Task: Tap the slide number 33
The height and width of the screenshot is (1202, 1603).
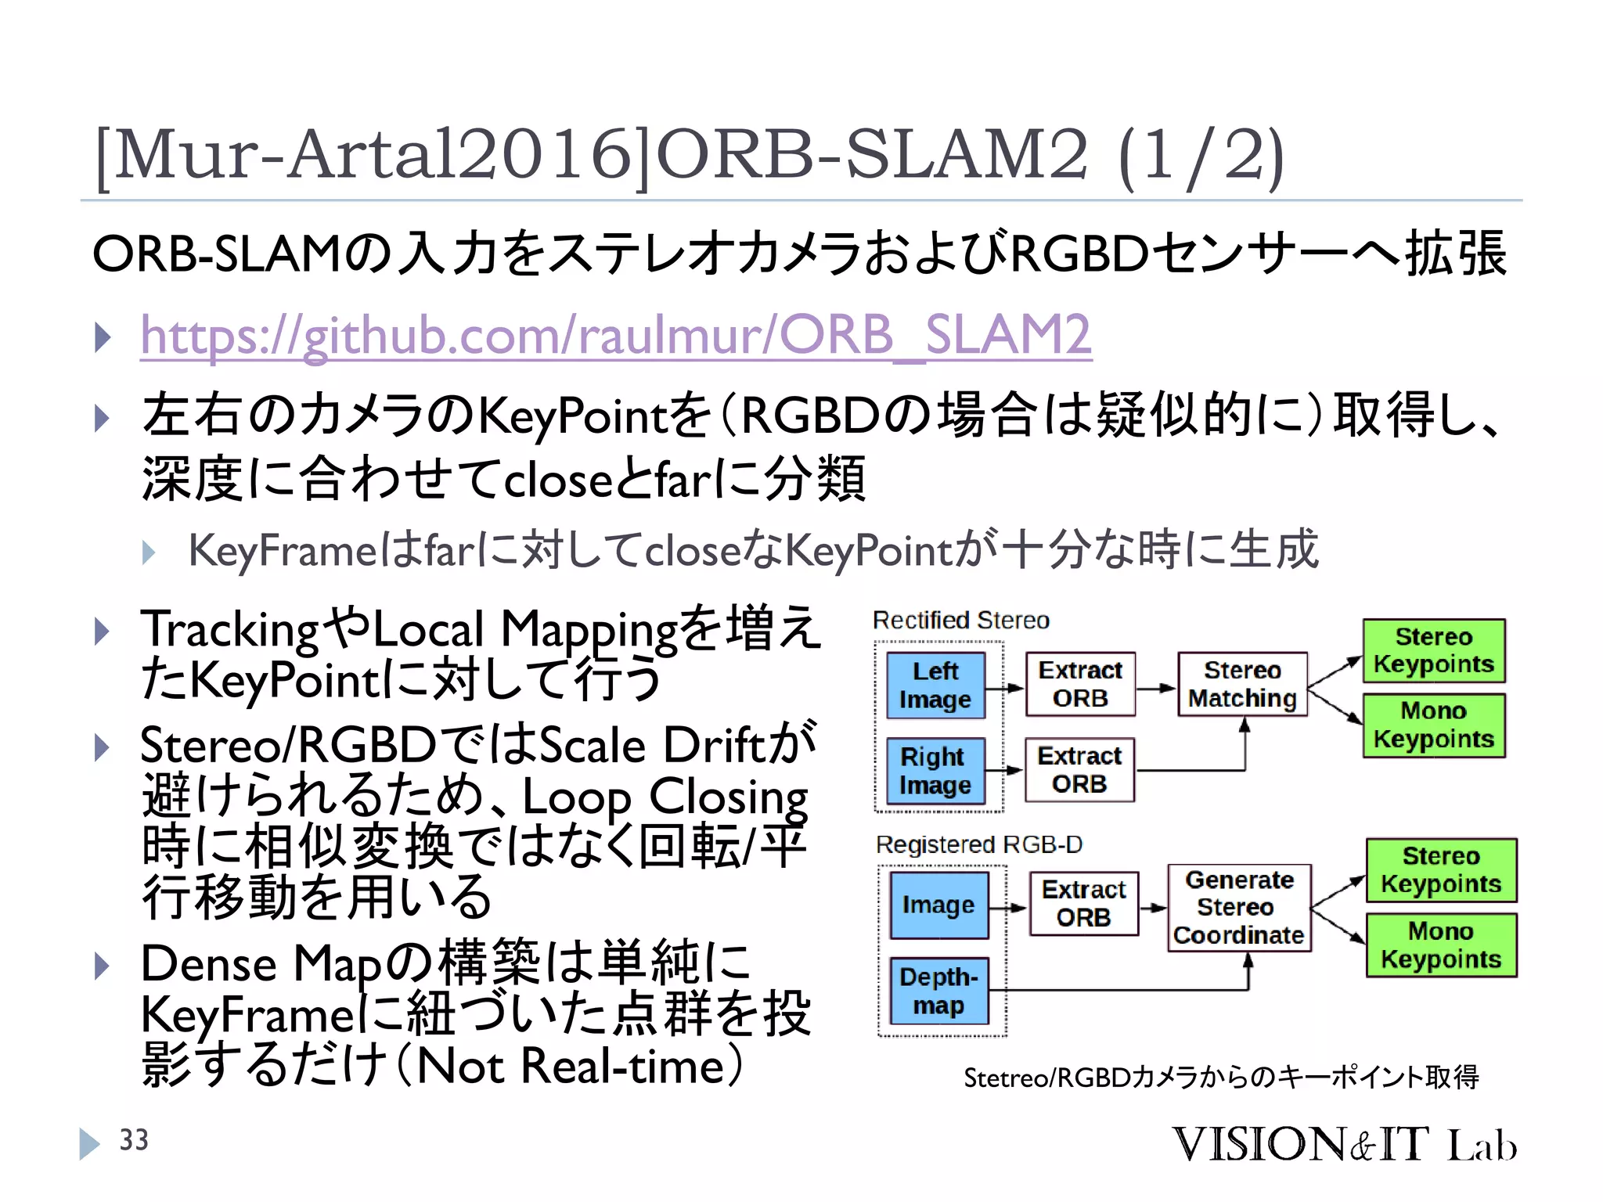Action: (x=133, y=1140)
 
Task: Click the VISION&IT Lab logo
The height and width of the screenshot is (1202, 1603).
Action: (x=1343, y=1144)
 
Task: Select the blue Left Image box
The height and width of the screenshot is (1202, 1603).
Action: (x=935, y=686)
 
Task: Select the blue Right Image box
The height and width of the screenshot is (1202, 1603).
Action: (x=935, y=771)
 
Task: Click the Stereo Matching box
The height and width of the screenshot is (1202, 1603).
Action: (x=1242, y=685)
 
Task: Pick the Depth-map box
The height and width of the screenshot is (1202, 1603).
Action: (x=938, y=991)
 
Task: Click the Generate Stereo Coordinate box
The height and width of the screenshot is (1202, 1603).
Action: (x=1238, y=908)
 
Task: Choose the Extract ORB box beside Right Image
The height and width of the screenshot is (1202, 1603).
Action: (x=1079, y=770)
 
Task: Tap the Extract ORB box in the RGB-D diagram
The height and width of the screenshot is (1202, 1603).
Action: (x=1083, y=904)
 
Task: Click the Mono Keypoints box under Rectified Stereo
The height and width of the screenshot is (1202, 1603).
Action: (x=1433, y=725)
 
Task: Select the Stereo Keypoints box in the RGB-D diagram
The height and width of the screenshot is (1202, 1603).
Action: (x=1440, y=870)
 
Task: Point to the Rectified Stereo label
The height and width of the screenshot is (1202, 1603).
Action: (x=960, y=621)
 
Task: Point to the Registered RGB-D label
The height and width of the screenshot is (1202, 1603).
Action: (x=978, y=845)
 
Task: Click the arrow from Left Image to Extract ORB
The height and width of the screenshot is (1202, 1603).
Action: (x=1005, y=689)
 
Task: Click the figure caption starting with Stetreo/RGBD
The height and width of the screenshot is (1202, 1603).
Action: (x=1220, y=1078)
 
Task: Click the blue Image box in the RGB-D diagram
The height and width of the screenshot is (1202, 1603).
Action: (x=938, y=905)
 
